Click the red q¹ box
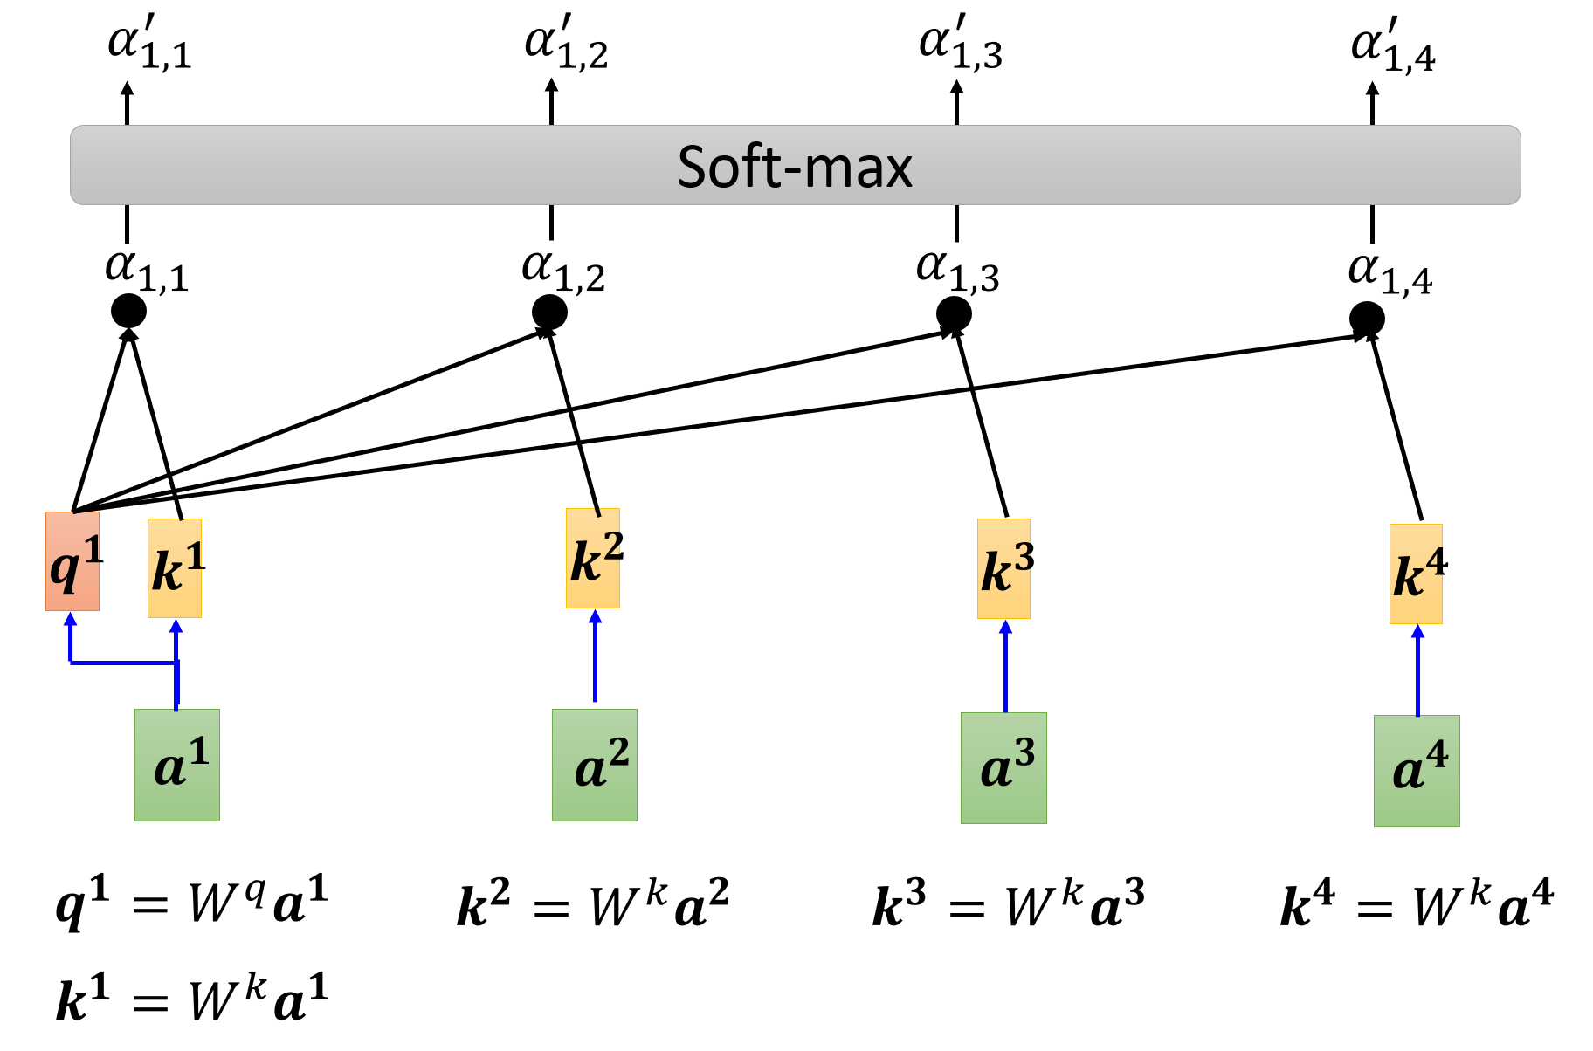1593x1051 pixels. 72,561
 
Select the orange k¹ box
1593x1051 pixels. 175,568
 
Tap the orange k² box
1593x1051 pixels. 593,558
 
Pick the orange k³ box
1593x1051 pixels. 1003,568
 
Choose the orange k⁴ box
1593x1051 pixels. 1416,574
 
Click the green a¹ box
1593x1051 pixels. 177,765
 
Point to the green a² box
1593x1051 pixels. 595,765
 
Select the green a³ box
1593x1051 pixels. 1003,768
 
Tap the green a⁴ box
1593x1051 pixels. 1417,771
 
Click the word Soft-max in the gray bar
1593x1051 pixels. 795,166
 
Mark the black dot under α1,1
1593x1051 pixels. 129,312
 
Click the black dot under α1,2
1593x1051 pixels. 549,313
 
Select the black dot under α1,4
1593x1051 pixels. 1367,319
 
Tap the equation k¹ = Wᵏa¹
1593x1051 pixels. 192,999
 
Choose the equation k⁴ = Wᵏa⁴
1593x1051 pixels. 1417,904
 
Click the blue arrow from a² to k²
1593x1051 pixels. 596,656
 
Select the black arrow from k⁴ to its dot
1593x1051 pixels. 1396,428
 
